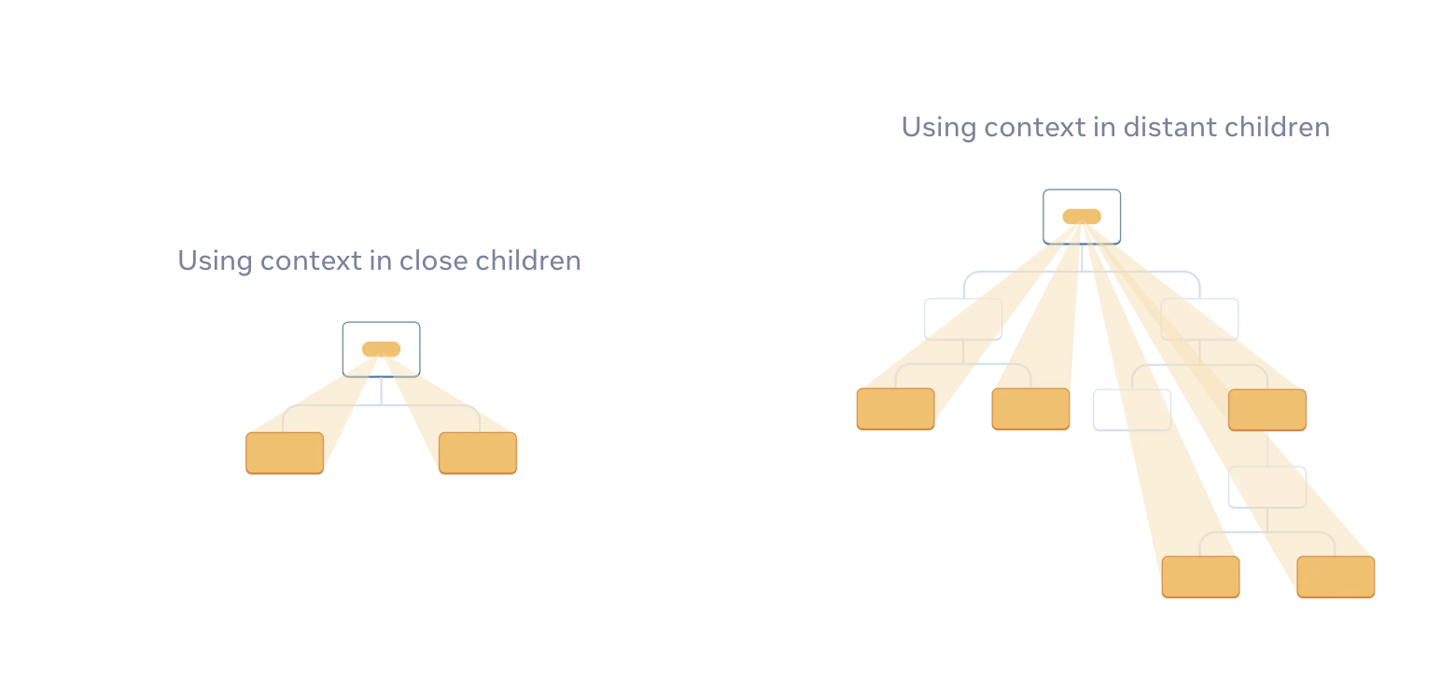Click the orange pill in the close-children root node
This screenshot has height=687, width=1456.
(381, 349)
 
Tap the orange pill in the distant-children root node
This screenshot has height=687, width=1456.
(1082, 217)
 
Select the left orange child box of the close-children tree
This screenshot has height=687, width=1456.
(285, 453)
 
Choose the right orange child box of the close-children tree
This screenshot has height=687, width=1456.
(478, 453)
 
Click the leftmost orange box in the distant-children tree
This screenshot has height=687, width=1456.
(896, 409)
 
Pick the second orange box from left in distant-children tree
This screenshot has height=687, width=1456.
(1030, 409)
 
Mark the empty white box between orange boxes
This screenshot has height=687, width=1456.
(1132, 410)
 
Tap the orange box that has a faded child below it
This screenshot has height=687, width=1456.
(1267, 410)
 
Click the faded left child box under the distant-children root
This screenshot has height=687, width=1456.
(963, 319)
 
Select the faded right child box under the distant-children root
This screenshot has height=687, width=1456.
(1199, 319)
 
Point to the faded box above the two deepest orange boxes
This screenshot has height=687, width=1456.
(1267, 487)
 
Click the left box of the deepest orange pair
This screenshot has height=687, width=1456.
(1200, 577)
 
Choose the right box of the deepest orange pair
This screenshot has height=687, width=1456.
(1336, 577)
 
